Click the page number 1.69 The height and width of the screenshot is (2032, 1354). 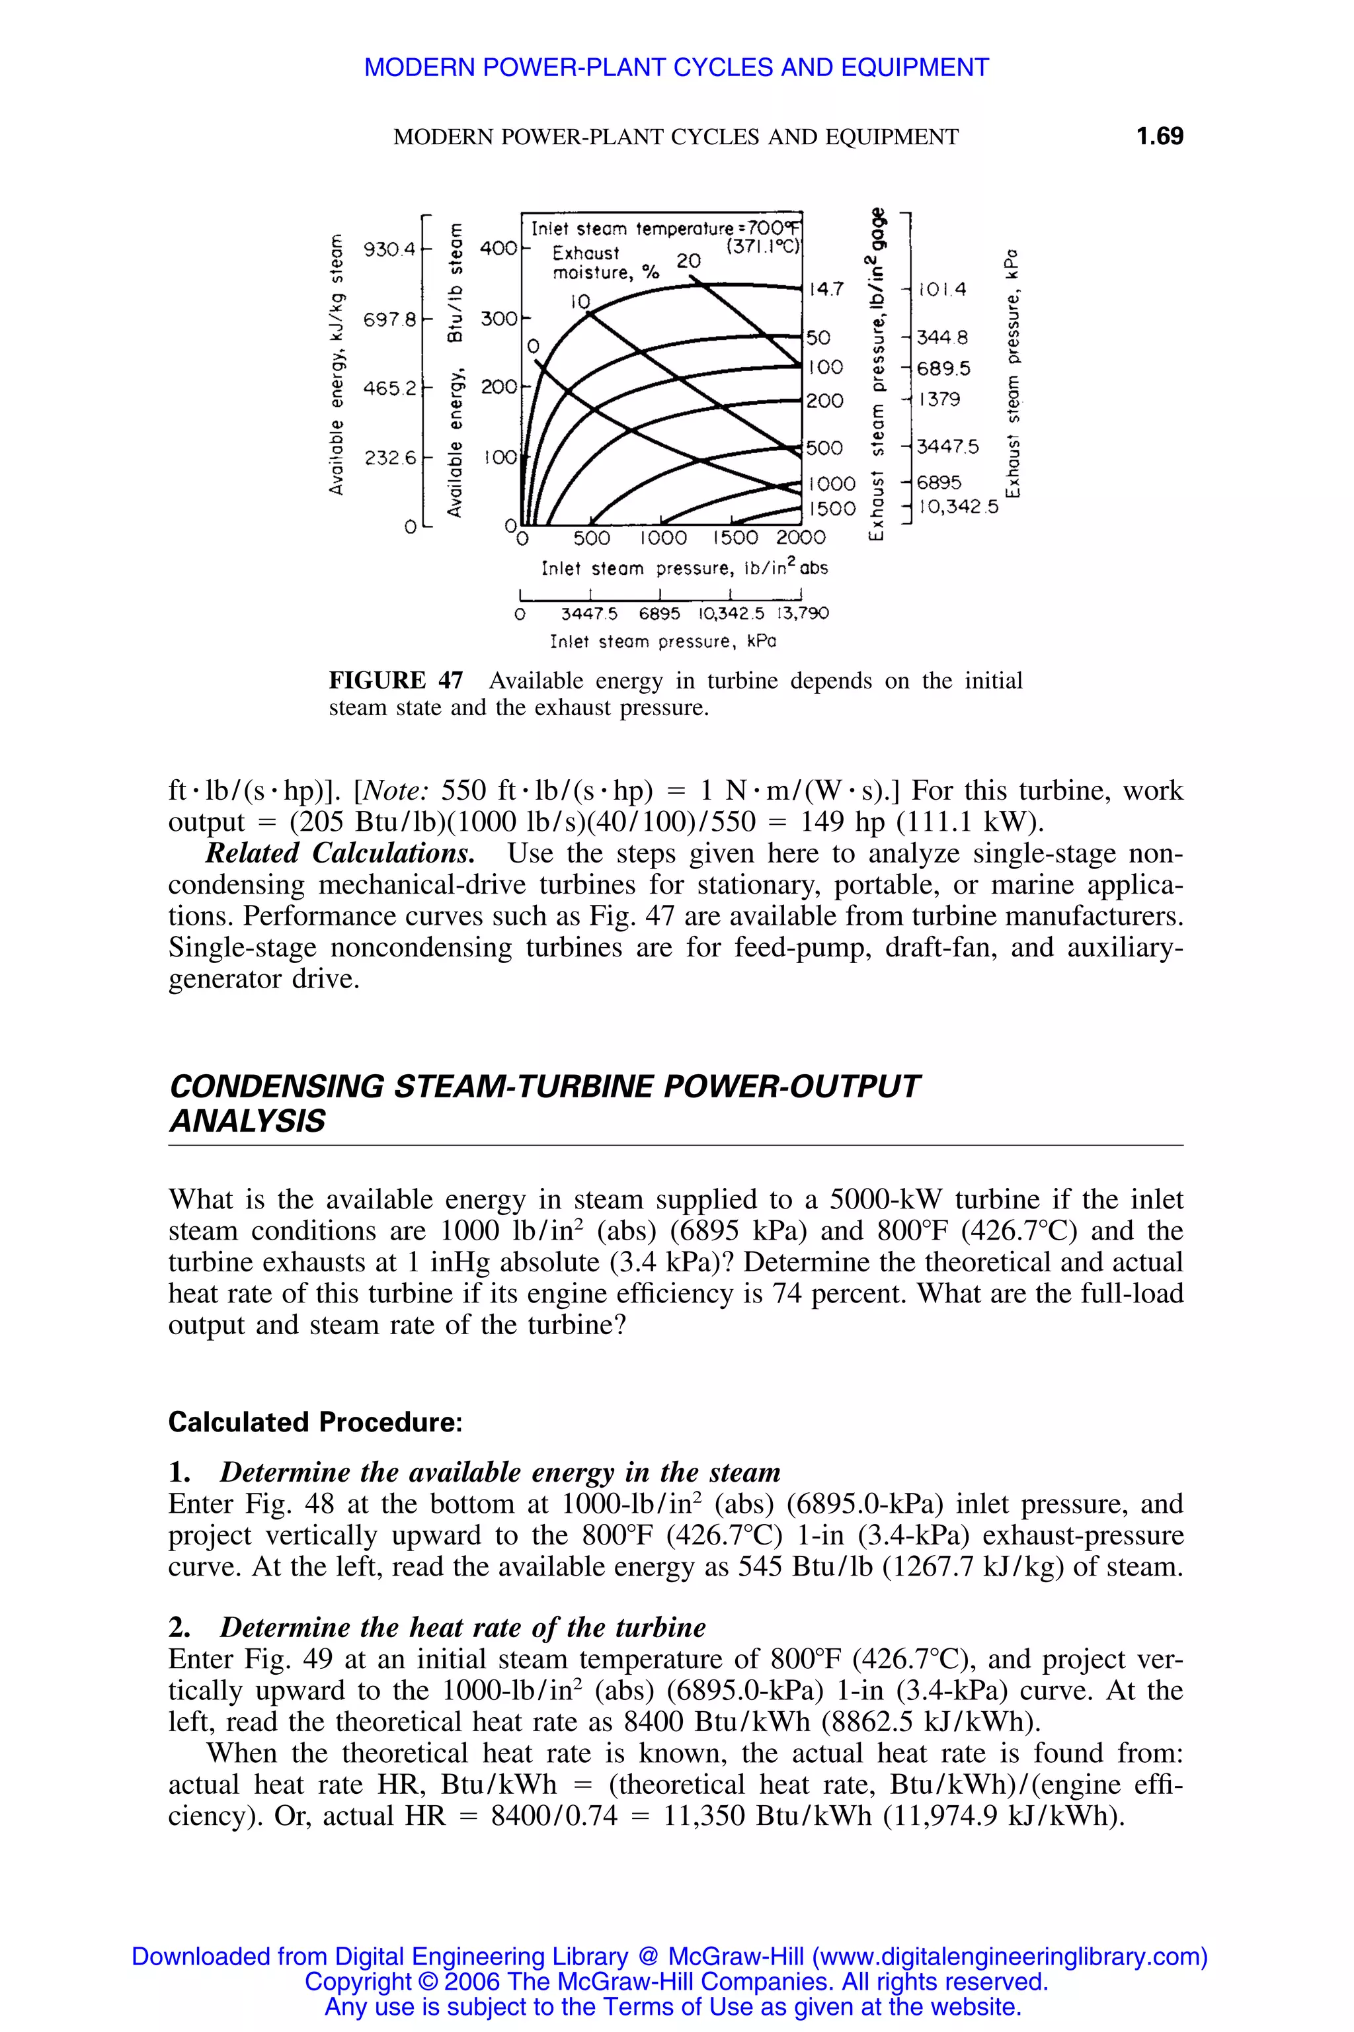point(1159,136)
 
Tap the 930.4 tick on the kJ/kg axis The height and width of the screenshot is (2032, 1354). point(389,249)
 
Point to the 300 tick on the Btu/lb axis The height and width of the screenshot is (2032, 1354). point(499,319)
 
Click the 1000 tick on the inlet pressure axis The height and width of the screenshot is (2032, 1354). point(663,538)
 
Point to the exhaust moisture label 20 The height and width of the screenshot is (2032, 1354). point(688,260)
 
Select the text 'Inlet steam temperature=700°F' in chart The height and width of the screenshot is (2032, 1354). point(665,229)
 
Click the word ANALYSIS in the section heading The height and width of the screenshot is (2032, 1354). point(247,1121)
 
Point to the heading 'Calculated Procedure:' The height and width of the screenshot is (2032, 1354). point(315,1422)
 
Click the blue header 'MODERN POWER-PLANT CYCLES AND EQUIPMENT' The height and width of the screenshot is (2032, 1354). point(676,67)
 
